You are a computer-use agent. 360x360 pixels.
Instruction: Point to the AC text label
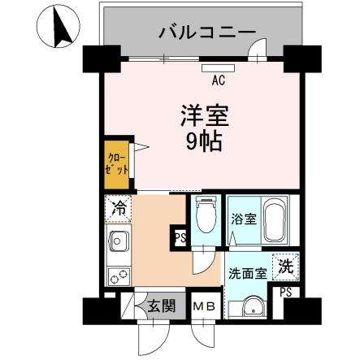[218, 80]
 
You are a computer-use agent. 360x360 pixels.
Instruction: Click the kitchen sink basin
[118, 241]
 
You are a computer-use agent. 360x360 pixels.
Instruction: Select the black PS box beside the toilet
[179, 239]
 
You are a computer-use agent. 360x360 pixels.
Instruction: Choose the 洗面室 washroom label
[247, 273]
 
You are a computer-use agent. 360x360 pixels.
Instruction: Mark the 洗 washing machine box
[285, 265]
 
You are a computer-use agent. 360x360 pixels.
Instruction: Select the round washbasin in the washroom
[249, 307]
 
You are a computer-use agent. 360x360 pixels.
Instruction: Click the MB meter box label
[204, 306]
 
